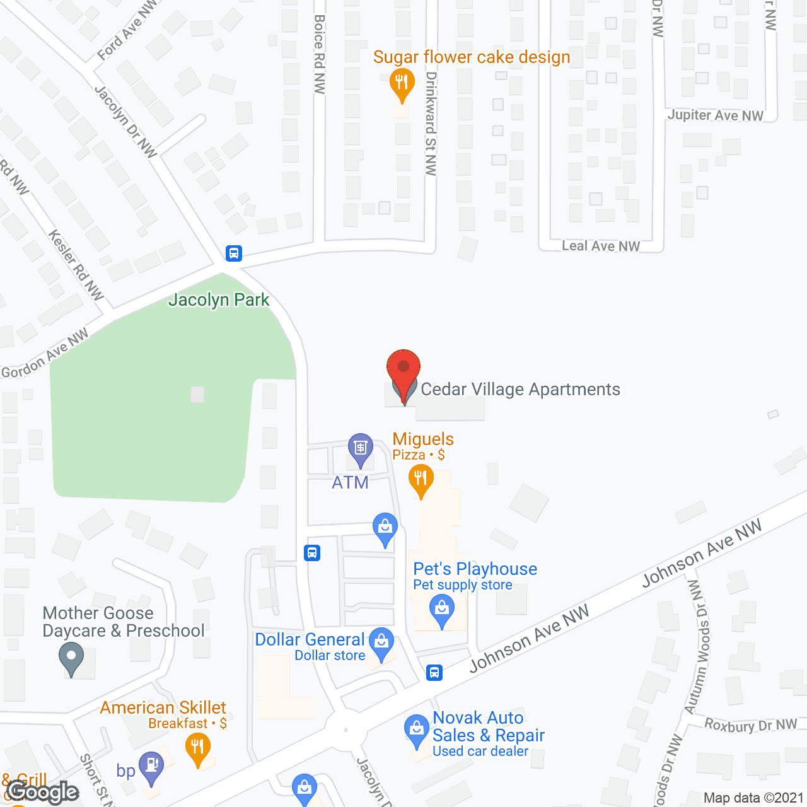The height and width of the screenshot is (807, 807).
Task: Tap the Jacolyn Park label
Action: [219, 300]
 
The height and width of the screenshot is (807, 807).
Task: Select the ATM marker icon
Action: [360, 448]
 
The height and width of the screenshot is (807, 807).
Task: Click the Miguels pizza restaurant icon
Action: [421, 480]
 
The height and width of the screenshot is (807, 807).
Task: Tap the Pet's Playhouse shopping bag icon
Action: [441, 610]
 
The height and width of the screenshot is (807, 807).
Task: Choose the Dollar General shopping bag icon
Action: [381, 642]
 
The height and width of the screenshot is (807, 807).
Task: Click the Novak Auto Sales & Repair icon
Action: [416, 729]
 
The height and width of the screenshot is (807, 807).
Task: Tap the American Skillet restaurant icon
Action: [198, 748]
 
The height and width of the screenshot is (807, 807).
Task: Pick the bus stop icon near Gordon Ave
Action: [234, 253]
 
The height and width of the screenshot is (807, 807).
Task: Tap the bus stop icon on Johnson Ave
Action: [434, 672]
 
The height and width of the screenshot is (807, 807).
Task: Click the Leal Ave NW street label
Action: [601, 246]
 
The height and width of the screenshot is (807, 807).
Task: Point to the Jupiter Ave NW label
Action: [715, 115]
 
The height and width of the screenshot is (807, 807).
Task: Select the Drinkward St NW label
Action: [431, 124]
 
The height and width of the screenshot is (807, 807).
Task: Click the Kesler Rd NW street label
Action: [76, 264]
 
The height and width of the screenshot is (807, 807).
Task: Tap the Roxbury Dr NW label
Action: [750, 725]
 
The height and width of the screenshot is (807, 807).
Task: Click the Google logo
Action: [43, 792]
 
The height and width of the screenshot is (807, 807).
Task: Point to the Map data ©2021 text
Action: [753, 798]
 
